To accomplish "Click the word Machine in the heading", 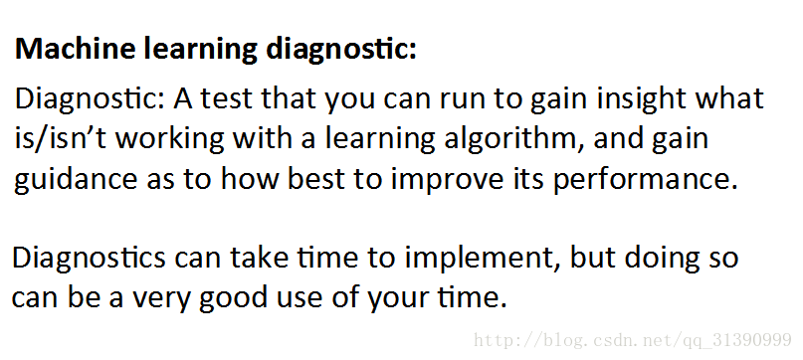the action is coord(76,49).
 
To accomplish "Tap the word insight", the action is coord(641,99).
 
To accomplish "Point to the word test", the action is coord(226,99).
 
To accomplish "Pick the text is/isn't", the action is coord(61,139).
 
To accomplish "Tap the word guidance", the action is coord(76,180).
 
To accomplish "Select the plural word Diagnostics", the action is coord(89,259).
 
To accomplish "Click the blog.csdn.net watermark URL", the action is coord(633,340).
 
